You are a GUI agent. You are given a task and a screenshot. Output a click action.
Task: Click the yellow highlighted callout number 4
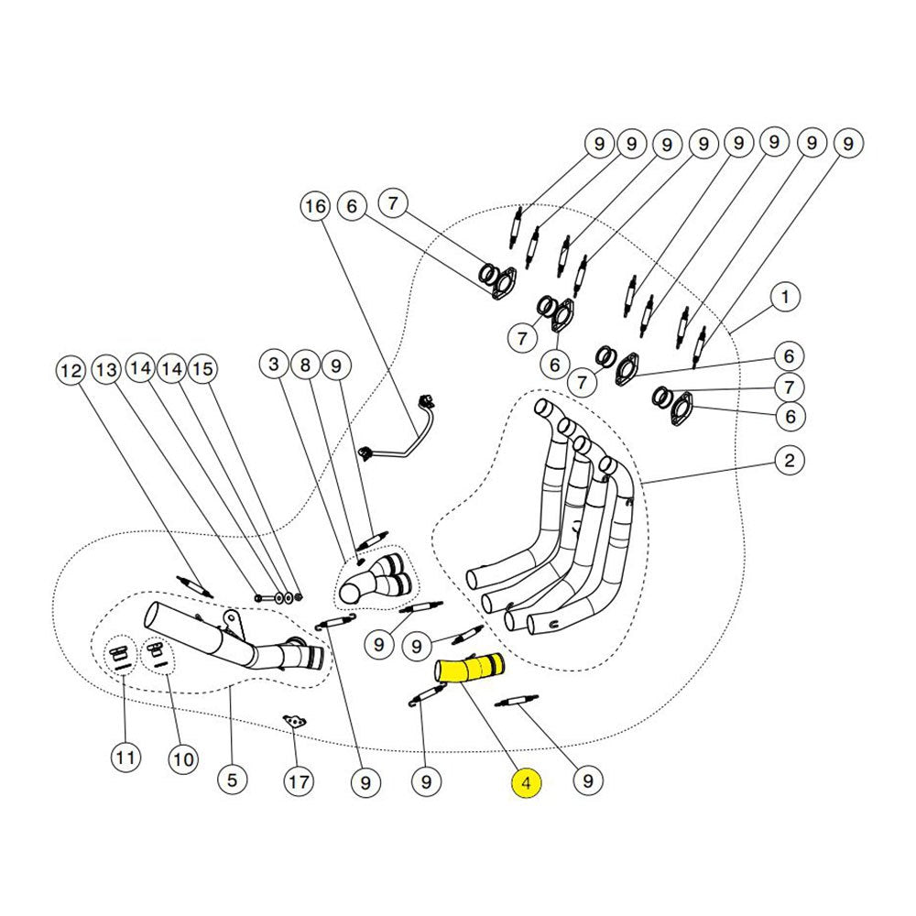point(527,783)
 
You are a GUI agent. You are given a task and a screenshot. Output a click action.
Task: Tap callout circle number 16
point(315,207)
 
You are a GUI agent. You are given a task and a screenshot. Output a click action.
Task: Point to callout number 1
point(785,297)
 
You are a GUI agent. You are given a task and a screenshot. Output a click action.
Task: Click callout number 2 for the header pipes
point(789,461)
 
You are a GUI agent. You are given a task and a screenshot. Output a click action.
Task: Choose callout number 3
point(273,365)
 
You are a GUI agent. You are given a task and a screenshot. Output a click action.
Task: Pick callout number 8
point(305,365)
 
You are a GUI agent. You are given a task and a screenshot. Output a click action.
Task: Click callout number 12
point(71,371)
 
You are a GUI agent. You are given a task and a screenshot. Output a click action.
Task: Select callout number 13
point(108,371)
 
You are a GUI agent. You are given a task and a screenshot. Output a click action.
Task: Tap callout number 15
point(202,369)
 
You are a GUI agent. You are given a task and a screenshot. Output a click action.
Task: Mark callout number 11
point(125,758)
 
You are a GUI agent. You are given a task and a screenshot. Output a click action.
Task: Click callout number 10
point(183,758)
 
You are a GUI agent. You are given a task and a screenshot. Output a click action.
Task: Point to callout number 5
point(231,780)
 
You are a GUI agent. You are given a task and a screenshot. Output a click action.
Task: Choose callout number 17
point(298,782)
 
